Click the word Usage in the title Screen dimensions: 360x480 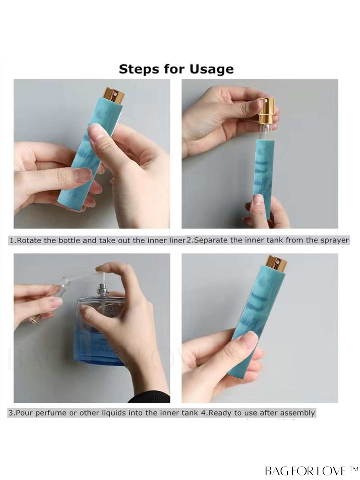211,69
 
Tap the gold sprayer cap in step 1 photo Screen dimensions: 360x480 115,96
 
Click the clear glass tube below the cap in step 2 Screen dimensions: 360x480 267,132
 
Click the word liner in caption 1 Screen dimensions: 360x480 176,241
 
